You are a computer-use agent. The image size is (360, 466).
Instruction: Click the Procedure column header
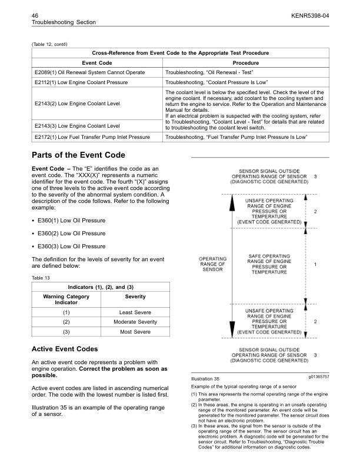245,62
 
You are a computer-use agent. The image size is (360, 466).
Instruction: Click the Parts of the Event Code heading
78,155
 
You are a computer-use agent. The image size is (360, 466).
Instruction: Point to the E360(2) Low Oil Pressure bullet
71,234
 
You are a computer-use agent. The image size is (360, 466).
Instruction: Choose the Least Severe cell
135,312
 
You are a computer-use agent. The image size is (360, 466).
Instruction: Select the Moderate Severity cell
135,322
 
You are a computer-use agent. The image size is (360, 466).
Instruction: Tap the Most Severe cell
135,332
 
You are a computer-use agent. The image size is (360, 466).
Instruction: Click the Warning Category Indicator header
66,299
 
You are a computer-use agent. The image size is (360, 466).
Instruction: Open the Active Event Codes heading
64,349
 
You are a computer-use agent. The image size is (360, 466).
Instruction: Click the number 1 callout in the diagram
316,265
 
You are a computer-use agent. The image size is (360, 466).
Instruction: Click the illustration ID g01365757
318,376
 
